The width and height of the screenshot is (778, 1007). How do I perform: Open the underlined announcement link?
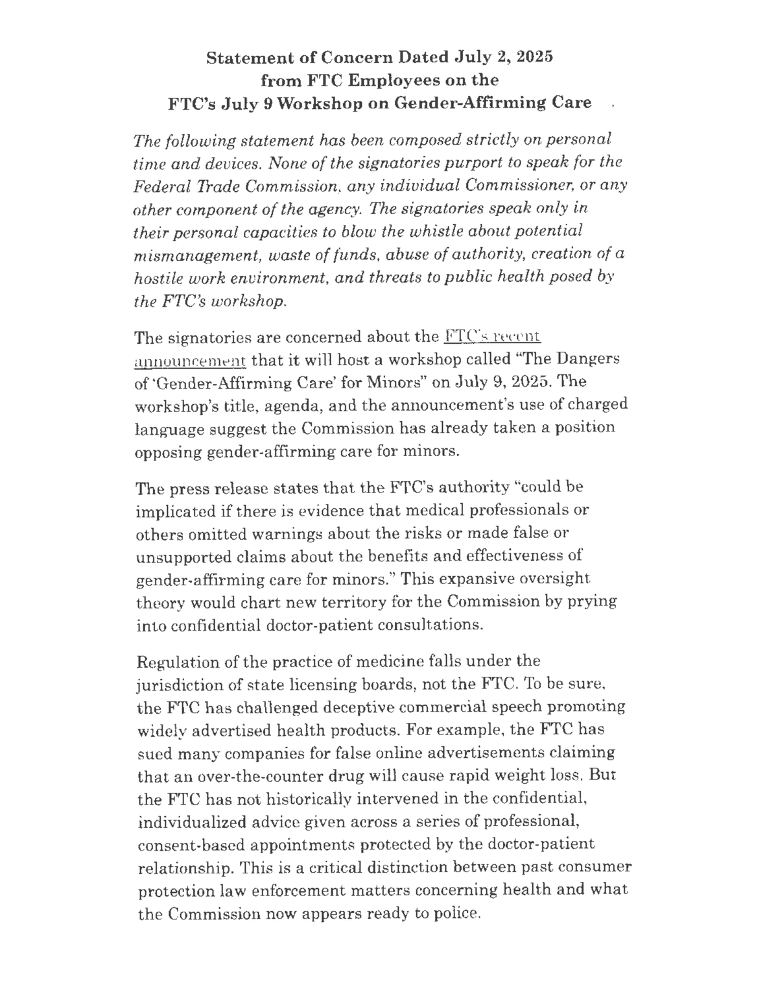click(x=191, y=360)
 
